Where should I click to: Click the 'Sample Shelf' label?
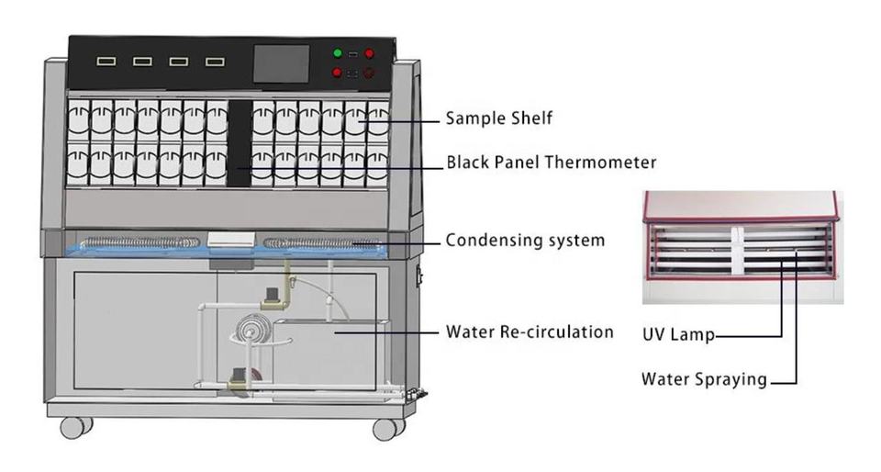coord(499,118)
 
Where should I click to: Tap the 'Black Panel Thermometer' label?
coord(552,163)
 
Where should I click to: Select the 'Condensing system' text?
coord(525,240)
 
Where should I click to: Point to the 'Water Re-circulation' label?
coord(530,332)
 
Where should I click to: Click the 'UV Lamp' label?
coord(678,335)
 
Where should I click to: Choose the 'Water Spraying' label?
coord(704,378)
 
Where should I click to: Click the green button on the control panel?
coord(338,53)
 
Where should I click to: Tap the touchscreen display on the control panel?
coord(282,63)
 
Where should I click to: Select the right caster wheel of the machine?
coord(388,429)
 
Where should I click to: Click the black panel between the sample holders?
coord(239,143)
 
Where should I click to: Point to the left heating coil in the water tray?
coord(139,242)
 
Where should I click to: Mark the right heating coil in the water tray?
coord(322,243)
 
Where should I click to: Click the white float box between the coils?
coord(231,239)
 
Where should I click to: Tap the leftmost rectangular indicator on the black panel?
coord(106,61)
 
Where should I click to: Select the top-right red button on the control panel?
coord(369,53)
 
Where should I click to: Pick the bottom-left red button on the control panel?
coord(337,73)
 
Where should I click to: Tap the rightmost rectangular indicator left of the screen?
coord(215,62)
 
